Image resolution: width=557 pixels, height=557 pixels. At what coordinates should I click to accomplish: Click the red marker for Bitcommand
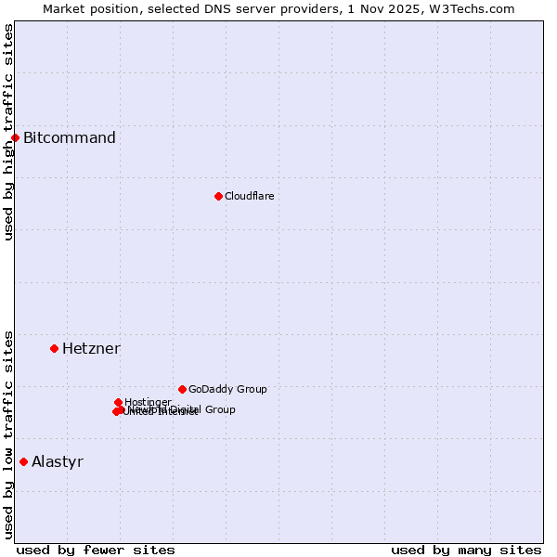pyautogui.click(x=15, y=137)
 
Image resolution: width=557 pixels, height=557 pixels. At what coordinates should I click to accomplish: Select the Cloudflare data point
pyautogui.click(x=218, y=196)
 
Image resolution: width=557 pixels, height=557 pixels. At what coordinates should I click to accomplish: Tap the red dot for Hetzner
pyautogui.click(x=54, y=348)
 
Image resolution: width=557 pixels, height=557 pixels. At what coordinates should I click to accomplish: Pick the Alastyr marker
pyautogui.click(x=23, y=461)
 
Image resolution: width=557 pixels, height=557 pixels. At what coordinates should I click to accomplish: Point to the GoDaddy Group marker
pyautogui.click(x=182, y=389)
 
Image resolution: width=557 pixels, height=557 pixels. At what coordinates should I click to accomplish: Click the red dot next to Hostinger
pyautogui.click(x=118, y=402)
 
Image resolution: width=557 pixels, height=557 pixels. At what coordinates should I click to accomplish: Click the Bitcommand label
pyautogui.click(x=70, y=138)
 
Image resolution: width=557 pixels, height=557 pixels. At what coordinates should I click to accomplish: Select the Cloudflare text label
pyautogui.click(x=249, y=196)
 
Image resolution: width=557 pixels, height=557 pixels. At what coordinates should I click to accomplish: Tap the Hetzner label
pyautogui.click(x=91, y=349)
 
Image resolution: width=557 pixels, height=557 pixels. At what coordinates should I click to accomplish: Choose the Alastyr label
pyautogui.click(x=58, y=462)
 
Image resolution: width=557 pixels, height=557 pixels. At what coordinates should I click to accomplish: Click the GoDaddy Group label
pyautogui.click(x=227, y=389)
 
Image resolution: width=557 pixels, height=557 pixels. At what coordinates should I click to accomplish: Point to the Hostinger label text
pyautogui.click(x=148, y=402)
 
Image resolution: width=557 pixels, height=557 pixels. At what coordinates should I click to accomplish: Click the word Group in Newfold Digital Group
pyautogui.click(x=220, y=409)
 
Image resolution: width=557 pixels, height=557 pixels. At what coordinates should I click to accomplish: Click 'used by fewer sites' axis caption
pyautogui.click(x=96, y=550)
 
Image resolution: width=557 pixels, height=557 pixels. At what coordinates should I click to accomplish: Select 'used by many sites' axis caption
pyautogui.click(x=466, y=550)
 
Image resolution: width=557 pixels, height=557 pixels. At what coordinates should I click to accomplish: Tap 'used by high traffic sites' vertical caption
pyautogui.click(x=9, y=132)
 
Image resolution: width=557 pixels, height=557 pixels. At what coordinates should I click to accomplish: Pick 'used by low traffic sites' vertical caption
pyautogui.click(x=9, y=434)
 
